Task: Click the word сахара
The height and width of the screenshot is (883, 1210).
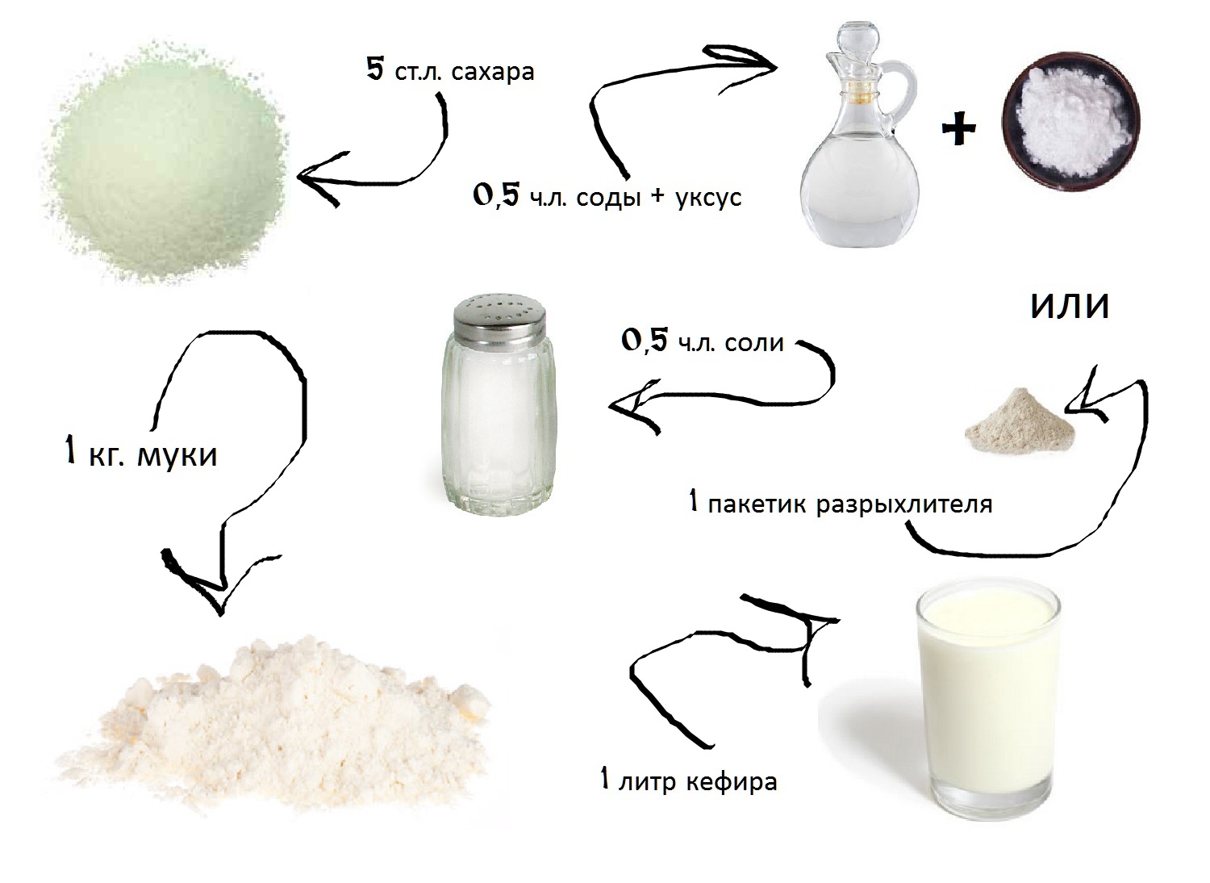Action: pos(492,72)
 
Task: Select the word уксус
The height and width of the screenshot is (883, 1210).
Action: pos(708,199)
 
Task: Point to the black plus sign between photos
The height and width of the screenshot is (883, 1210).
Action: pos(958,129)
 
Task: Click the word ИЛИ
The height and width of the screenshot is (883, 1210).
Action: pos(1070,307)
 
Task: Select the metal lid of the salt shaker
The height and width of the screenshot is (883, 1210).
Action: pos(499,318)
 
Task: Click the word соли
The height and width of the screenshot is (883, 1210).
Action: pos(754,343)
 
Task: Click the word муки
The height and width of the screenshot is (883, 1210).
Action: pos(177,455)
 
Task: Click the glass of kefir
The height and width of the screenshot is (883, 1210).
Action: pos(988,701)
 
